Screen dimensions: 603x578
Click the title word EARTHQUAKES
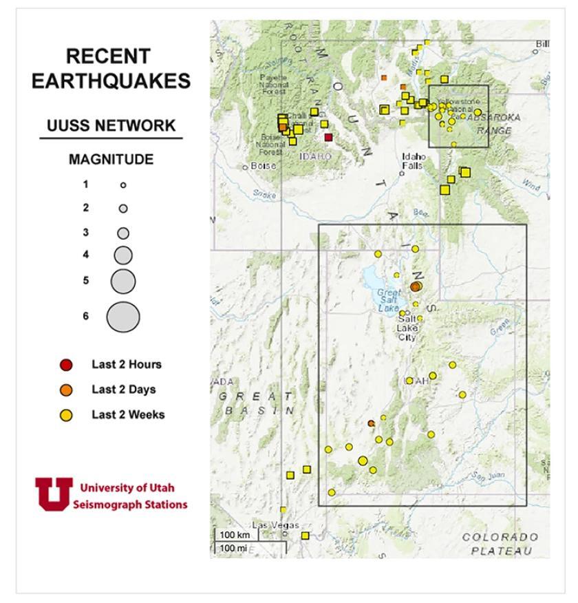coord(111,81)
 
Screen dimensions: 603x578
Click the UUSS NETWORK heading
coord(111,126)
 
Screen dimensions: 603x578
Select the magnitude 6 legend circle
coord(123,317)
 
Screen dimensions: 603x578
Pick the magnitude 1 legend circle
coord(123,184)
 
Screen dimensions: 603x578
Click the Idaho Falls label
coord(414,161)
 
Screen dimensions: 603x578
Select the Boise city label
coord(264,166)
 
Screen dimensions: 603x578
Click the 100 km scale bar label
coord(235,535)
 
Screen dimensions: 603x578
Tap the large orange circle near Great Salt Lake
coord(415,286)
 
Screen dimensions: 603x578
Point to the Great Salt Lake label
coord(389,300)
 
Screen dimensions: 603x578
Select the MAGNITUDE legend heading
coord(111,160)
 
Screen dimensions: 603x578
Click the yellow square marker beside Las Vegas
coord(306,536)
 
